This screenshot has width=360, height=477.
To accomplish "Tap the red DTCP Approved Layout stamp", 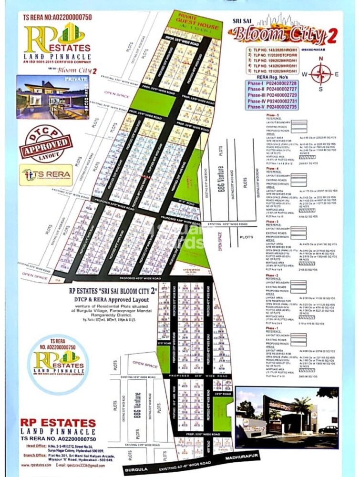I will point(43,143).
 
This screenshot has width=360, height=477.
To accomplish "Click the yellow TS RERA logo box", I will point(46,175).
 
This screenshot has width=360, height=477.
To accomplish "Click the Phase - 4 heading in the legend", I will point(272,168).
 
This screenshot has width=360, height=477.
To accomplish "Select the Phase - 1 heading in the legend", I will point(272,329).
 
